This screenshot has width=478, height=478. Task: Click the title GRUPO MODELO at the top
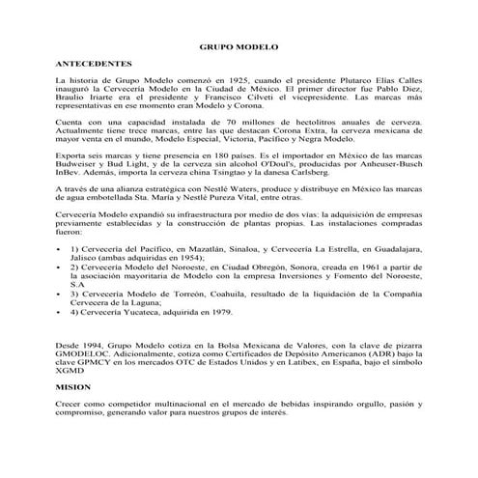point(238,45)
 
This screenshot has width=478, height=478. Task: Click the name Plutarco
point(340,80)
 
